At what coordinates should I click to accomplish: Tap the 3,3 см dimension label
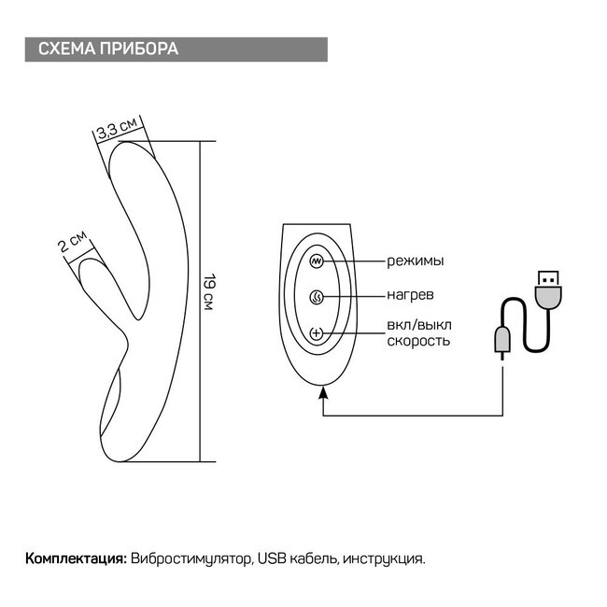119,129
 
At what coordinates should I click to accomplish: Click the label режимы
415,261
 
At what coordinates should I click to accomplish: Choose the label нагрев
410,295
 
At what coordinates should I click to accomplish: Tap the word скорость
418,341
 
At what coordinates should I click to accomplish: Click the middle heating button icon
317,297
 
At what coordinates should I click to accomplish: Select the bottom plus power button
317,333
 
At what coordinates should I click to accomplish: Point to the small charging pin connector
502,342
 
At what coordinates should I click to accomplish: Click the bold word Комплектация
76,558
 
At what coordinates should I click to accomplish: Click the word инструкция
384,558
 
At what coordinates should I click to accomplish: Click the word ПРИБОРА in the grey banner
139,49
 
